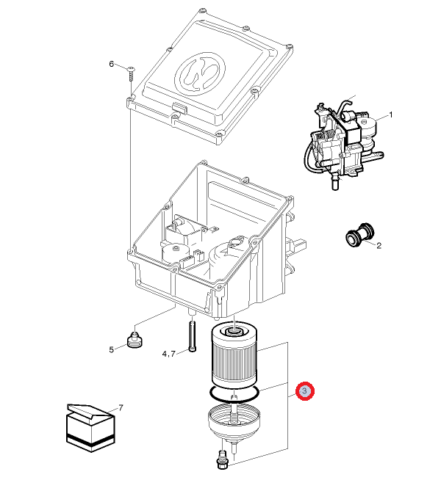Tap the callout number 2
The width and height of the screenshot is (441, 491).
(x=379, y=245)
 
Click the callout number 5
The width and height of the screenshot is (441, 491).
(x=112, y=349)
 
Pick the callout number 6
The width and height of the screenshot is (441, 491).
(x=112, y=65)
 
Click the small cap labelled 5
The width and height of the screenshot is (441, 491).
(x=134, y=341)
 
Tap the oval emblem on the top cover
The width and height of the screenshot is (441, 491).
(x=201, y=70)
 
